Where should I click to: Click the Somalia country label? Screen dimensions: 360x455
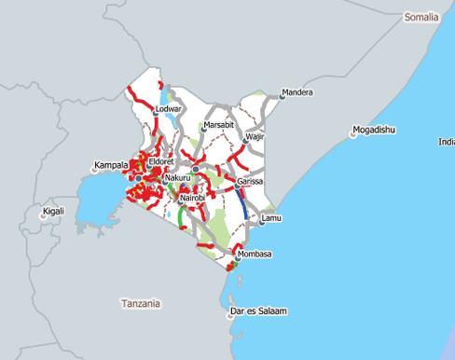(425, 18)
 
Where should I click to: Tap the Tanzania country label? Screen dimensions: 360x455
(141, 303)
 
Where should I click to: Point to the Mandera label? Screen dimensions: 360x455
(297, 92)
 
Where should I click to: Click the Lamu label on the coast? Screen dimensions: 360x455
(271, 218)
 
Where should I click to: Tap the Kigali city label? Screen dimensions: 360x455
(54, 212)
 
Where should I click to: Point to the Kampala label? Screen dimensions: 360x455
(110, 165)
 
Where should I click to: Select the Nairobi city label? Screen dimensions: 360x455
(192, 199)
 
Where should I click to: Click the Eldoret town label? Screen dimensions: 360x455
(161, 162)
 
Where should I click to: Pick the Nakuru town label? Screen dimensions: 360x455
(177, 177)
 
